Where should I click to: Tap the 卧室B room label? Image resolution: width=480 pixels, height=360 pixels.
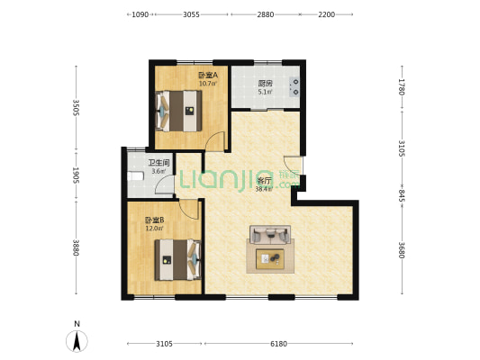click(153, 220)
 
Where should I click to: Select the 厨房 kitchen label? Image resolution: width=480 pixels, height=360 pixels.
click(265, 84)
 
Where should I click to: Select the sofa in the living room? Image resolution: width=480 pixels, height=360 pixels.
click(270, 237)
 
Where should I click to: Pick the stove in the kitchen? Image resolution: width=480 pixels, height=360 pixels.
click(294, 87)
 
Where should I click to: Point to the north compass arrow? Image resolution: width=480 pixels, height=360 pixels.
click(77, 340)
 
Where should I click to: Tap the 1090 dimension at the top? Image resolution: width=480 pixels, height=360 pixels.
click(140, 15)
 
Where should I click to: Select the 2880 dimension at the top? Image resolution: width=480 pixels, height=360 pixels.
click(265, 15)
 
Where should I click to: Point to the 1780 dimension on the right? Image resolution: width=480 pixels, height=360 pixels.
click(402, 86)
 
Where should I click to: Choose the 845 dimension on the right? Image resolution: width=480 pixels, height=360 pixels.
click(402, 194)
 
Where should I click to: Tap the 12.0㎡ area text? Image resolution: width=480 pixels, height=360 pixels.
click(154, 229)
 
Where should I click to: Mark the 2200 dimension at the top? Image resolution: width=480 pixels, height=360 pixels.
click(326, 15)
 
